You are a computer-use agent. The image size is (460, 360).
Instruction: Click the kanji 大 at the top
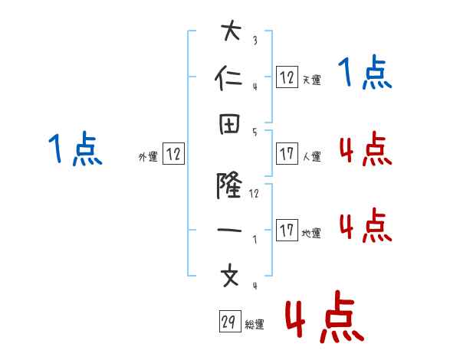231,32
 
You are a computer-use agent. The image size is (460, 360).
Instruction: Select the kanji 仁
231,79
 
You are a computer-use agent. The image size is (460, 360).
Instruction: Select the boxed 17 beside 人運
287,153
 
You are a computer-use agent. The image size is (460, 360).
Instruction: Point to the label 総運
255,325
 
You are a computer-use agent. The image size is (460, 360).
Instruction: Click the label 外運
148,157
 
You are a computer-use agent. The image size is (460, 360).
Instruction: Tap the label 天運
311,80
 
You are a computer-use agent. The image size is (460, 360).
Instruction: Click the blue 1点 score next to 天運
365,74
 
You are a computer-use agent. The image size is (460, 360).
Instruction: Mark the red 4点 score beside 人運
365,149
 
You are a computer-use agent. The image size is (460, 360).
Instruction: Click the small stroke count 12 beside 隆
255,194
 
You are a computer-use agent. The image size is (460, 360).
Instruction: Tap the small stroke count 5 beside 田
255,132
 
